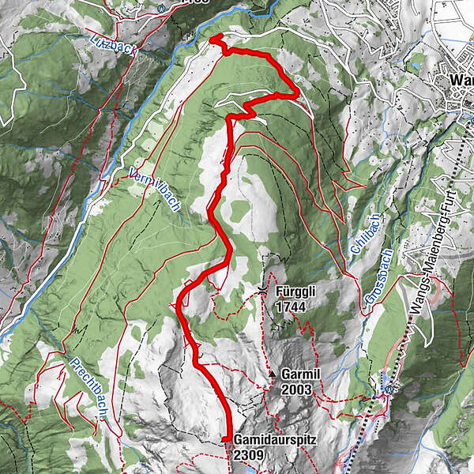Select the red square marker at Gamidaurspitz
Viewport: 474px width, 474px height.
point(225,439)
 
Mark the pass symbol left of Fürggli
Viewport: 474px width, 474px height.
point(263,290)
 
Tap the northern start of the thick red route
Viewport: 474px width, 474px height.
point(212,37)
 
